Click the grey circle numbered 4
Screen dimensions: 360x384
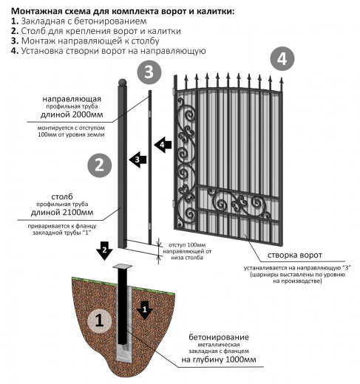pos(282,59)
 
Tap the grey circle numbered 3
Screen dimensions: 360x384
pos(149,72)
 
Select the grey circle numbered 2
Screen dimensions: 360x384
pos(100,165)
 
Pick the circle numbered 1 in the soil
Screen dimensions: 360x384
pos(100,320)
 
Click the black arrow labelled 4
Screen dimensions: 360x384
pos(163,145)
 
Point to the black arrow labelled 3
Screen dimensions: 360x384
pos(137,160)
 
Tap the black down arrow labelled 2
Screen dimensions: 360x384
pos(104,250)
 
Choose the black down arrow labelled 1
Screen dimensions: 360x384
pos(145,310)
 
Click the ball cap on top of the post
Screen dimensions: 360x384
pos(123,83)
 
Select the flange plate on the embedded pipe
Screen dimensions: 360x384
pos(122,267)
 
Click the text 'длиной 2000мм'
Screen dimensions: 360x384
pos(72,114)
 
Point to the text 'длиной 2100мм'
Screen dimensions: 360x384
pos(62,212)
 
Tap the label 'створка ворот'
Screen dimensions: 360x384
pos(295,255)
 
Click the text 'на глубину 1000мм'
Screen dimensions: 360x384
pos(219,360)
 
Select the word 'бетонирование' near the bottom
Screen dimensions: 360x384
pos(219,337)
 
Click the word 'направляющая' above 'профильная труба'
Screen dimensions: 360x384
pos(72,99)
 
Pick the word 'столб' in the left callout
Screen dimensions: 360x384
pos(62,196)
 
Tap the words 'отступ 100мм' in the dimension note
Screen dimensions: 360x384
pos(187,245)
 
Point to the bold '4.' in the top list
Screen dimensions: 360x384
pos(15,51)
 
